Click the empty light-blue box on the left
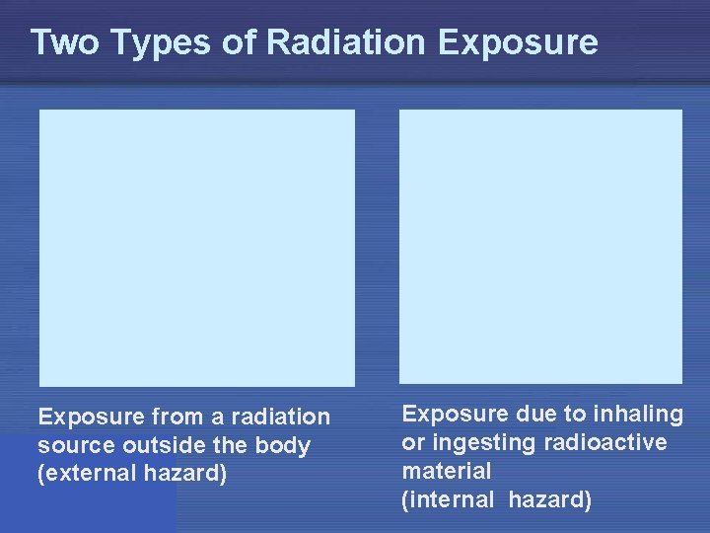pos(197,247)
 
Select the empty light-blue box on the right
pos(540,246)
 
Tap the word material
pos(446,471)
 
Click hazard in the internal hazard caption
pos(550,499)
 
